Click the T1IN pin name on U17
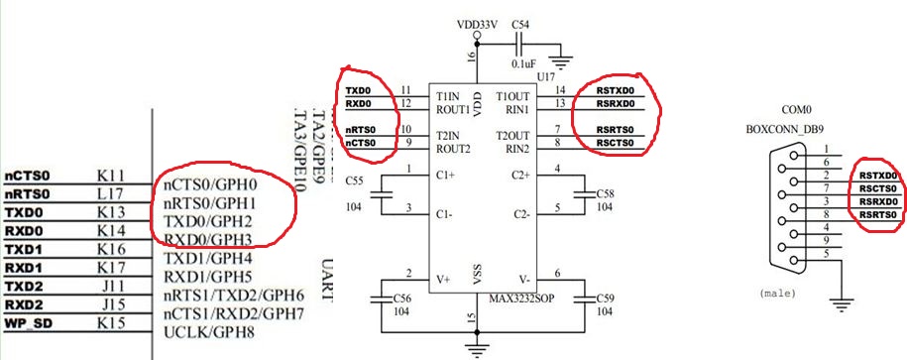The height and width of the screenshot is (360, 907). [x=448, y=94]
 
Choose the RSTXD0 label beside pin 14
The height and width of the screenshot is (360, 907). [x=614, y=91]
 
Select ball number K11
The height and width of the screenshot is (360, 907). [x=109, y=175]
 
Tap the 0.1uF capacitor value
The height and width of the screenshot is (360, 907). [x=524, y=62]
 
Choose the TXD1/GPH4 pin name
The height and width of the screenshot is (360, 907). [x=205, y=257]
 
